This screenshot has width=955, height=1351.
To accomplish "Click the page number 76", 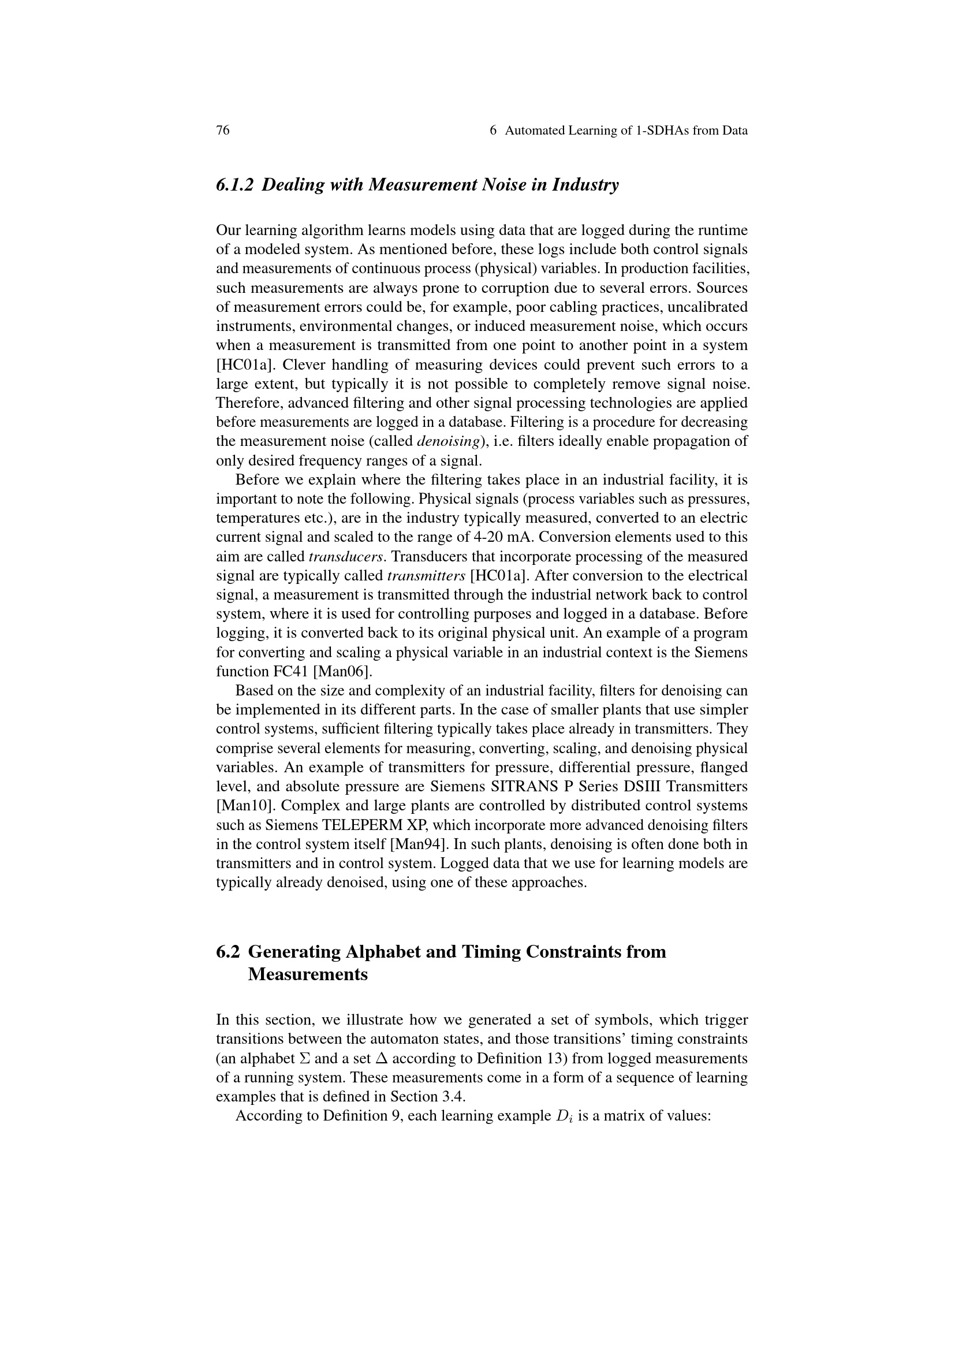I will (x=223, y=131).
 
